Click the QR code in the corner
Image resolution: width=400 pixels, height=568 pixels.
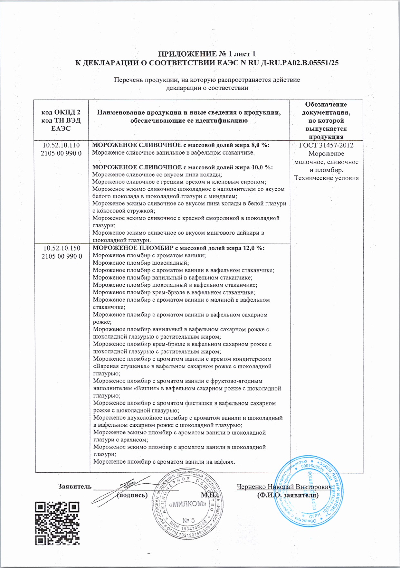pyautogui.click(x=57, y=523)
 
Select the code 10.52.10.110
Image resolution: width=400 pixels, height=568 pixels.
pyautogui.click(x=61, y=145)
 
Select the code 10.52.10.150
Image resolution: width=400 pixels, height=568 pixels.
pyautogui.click(x=62, y=248)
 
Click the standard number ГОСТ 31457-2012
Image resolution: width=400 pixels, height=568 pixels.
pyautogui.click(x=326, y=145)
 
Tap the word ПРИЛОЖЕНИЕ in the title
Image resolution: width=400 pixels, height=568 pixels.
pyautogui.click(x=185, y=54)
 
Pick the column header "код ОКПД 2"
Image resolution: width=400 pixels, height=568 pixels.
pyautogui.click(x=61, y=112)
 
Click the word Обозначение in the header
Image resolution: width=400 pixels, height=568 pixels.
pyautogui.click(x=326, y=104)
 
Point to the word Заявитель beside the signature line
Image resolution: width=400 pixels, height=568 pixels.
pyautogui.click(x=74, y=486)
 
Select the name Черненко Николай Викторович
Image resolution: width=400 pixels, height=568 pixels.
pyautogui.click(x=284, y=487)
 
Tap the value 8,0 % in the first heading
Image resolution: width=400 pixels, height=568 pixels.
pyautogui.click(x=260, y=145)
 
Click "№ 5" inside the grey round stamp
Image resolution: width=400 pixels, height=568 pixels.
pyautogui.click(x=188, y=521)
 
